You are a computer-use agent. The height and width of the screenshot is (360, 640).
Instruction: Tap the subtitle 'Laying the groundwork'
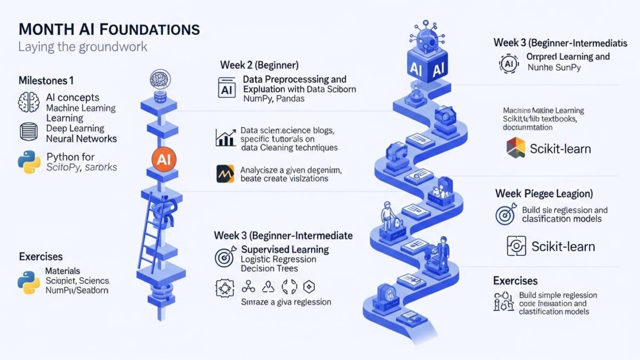(x=83, y=46)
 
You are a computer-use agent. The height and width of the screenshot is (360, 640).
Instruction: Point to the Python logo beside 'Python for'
(x=29, y=162)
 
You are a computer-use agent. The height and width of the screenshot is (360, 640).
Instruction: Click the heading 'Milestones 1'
(x=46, y=81)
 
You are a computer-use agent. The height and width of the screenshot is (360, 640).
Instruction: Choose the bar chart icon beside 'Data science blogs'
(x=226, y=138)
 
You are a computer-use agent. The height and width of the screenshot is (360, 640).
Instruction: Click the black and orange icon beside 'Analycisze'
(x=225, y=174)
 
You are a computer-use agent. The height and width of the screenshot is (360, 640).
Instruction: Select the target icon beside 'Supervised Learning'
(x=225, y=255)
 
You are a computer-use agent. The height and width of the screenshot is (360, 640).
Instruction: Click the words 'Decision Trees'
(x=269, y=269)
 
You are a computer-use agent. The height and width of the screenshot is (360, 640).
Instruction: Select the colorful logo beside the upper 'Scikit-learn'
(x=515, y=147)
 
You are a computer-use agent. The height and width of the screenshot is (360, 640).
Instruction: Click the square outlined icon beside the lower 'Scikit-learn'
(x=515, y=246)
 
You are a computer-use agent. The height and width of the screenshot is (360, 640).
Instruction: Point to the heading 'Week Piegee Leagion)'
(x=544, y=193)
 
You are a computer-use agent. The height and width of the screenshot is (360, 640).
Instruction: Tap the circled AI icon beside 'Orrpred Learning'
(x=508, y=63)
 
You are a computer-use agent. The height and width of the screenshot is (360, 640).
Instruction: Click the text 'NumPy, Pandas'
(x=274, y=99)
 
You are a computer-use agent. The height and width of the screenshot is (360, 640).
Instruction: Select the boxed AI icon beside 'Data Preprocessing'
(x=227, y=87)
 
